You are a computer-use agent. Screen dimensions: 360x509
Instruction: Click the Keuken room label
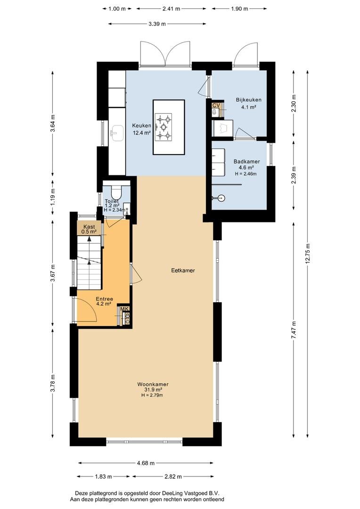pyautogui.click(x=141, y=126)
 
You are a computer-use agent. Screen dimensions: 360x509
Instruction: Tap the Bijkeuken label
pyautogui.click(x=248, y=100)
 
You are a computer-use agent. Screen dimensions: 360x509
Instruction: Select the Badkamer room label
pyautogui.click(x=246, y=161)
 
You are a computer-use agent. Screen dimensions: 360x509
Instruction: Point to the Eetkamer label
pyautogui.click(x=183, y=270)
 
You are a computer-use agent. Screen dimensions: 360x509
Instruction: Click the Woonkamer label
pyautogui.click(x=153, y=385)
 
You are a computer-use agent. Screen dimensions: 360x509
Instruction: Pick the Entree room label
pyautogui.click(x=104, y=299)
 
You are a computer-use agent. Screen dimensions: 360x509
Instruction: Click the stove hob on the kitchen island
pyautogui.click(x=164, y=126)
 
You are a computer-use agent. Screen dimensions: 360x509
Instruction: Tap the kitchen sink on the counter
pyautogui.click(x=117, y=133)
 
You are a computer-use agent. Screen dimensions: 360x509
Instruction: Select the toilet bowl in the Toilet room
pyautogui.click(x=116, y=192)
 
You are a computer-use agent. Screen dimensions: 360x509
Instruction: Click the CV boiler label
pyautogui.click(x=216, y=105)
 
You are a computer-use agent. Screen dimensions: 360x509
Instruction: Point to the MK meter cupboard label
pyautogui.click(x=125, y=309)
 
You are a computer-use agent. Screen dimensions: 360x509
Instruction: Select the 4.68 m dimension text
pyautogui.click(x=146, y=463)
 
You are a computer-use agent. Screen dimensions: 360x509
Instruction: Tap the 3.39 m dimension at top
pyautogui.click(x=157, y=24)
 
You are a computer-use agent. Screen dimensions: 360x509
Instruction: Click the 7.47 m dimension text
pyautogui.click(x=294, y=330)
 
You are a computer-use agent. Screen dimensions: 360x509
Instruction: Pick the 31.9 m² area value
pyautogui.click(x=153, y=390)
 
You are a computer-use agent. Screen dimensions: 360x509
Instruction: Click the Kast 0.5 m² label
pyautogui.click(x=89, y=229)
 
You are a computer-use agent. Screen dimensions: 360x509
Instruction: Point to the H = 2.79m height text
pyautogui.click(x=152, y=395)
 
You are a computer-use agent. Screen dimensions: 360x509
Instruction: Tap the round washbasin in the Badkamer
pyautogui.click(x=221, y=197)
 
